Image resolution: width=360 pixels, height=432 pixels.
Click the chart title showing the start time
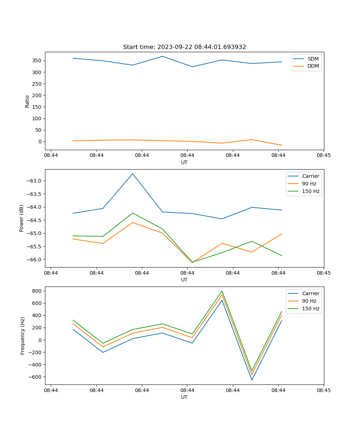coord(184,47)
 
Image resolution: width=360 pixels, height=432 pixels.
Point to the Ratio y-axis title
coord(27,101)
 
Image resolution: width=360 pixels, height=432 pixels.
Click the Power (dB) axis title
coord(22,218)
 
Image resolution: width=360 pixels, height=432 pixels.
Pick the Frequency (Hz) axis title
coord(23,336)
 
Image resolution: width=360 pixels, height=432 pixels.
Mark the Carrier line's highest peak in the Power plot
coord(132,174)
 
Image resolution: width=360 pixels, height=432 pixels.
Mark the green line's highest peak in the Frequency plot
coord(222,291)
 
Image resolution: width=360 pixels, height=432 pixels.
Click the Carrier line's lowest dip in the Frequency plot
coord(252,380)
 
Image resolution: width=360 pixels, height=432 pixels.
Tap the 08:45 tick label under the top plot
coord(324,155)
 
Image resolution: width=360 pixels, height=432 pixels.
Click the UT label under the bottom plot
coord(184,397)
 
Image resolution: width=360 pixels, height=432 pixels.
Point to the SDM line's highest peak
coord(162,56)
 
